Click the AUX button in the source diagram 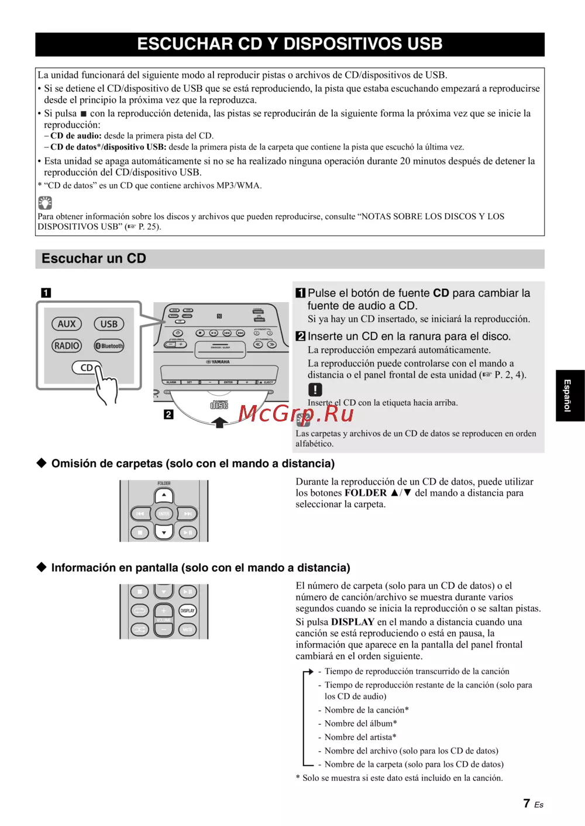coord(67,324)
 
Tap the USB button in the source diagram coord(109,324)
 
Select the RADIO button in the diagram coord(67,345)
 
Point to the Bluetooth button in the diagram coord(109,345)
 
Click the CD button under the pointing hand coord(86,368)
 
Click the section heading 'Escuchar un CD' coord(94,258)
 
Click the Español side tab coord(567,395)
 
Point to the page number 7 coord(526,803)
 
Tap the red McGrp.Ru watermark coord(296,413)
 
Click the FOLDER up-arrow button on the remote coord(164,495)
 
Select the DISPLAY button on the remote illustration coord(187,610)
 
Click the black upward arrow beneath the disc coord(219,421)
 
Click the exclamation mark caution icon coord(315,389)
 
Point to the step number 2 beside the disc coord(168,414)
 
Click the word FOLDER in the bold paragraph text coord(366,493)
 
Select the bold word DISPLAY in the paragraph coord(353,622)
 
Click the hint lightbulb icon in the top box coord(45,203)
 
